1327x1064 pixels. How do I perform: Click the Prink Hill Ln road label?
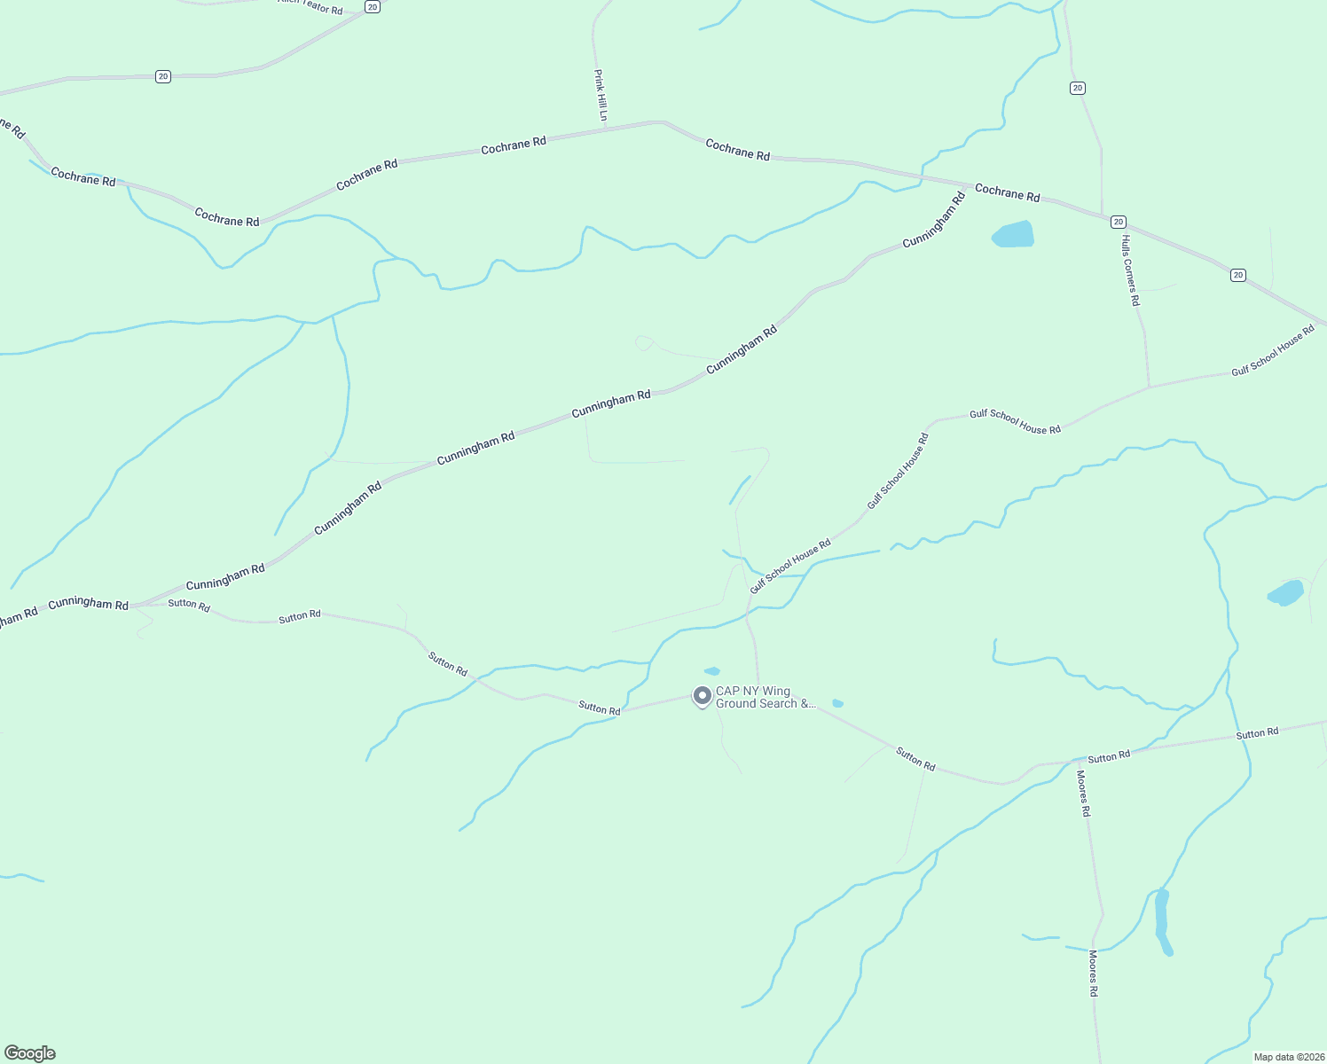pos(601,96)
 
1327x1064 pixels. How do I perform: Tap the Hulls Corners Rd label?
pos(1129,270)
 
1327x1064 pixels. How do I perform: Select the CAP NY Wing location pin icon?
pos(702,696)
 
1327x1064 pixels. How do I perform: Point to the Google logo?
pos(30,1053)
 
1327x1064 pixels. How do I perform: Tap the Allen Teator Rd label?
pos(310,7)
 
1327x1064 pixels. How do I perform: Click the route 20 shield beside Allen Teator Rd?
pos(373,7)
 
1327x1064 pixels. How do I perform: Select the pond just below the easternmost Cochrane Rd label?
pos(1013,235)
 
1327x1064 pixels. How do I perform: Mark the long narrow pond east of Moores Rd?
pos(1163,922)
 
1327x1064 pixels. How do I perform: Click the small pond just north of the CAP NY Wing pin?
pos(711,671)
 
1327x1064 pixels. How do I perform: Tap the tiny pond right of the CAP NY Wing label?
pos(837,703)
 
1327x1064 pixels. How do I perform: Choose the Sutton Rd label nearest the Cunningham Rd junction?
pos(189,605)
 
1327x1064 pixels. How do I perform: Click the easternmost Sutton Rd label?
pos(1257,733)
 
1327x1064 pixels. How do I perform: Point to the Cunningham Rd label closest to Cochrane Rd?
pos(934,221)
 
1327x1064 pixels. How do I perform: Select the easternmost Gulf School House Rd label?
pos(1273,351)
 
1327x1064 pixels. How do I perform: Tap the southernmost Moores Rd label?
pos(1094,973)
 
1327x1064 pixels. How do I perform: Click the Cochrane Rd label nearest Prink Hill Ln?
pos(514,145)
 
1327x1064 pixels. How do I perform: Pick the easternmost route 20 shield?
pos(1238,275)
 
